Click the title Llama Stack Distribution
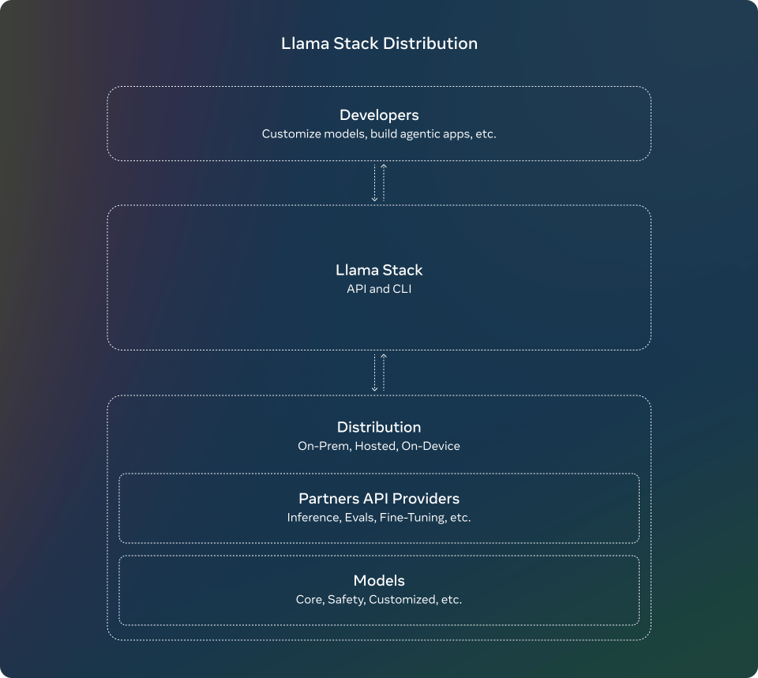click(379, 43)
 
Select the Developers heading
click(379, 115)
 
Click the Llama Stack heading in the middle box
click(379, 270)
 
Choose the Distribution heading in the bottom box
click(379, 427)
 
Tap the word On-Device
click(431, 446)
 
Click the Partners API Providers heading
click(379, 498)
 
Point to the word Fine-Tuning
click(412, 518)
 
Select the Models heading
click(379, 580)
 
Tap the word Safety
click(346, 600)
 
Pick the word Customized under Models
click(402, 600)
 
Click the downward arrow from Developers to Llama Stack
click(374, 183)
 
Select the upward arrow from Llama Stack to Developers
click(384, 182)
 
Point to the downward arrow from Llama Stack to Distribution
click(374, 373)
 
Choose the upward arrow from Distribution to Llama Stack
click(384, 373)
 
